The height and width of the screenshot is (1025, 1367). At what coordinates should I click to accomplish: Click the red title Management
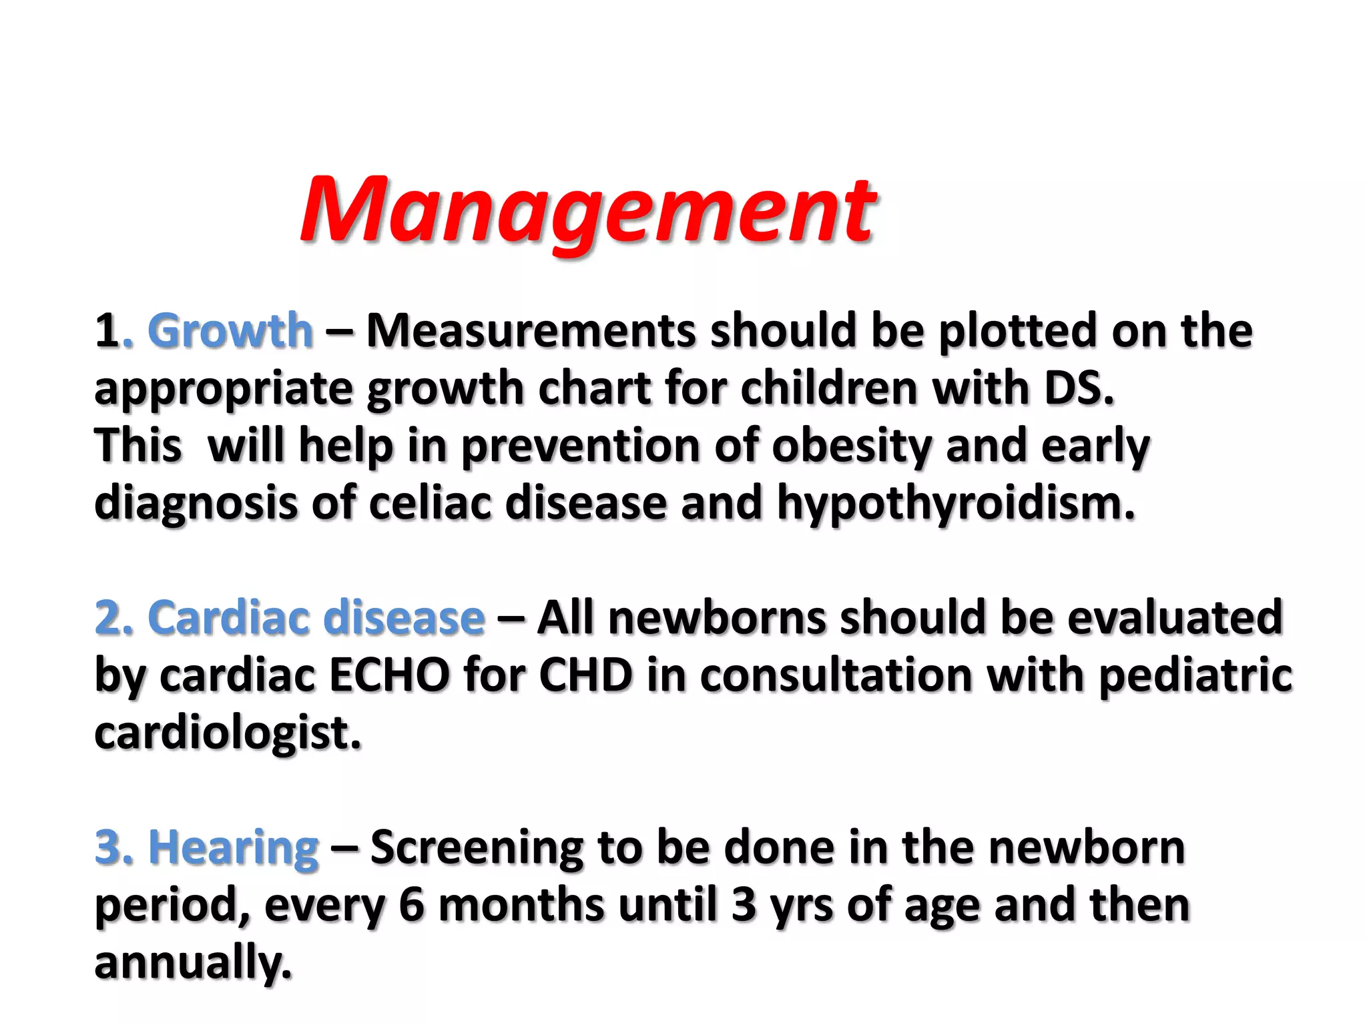pyautogui.click(x=587, y=210)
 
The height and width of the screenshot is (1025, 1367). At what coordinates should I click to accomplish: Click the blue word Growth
pyautogui.click(x=230, y=331)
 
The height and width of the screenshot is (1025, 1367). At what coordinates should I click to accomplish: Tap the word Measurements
pyautogui.click(x=531, y=331)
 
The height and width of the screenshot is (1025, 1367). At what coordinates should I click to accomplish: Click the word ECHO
pyautogui.click(x=389, y=675)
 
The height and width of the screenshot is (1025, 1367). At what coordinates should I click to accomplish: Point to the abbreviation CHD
pyautogui.click(x=585, y=675)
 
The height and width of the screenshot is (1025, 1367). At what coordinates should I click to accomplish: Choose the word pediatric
pyautogui.click(x=1195, y=675)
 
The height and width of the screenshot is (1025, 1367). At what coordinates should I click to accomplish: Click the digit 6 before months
pyautogui.click(x=412, y=906)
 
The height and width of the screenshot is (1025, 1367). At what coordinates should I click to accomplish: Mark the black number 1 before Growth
pyautogui.click(x=106, y=331)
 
